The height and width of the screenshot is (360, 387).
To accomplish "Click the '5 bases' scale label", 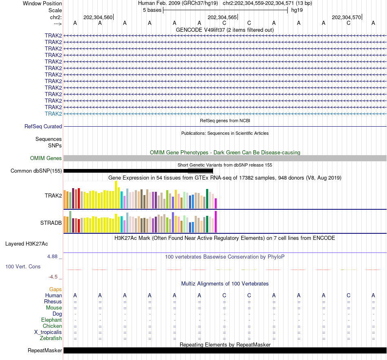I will pos(152,10).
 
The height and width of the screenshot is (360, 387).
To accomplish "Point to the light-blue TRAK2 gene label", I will pos(53,114).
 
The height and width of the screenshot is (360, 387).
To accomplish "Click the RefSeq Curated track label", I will pos(43,127).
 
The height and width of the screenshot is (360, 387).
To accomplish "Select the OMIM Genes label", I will pos(46,158).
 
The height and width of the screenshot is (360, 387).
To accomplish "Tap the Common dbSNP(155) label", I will pos(36,171).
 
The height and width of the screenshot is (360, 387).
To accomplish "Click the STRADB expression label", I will pos(51,223).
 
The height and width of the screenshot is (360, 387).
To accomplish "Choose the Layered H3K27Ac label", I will pos(26,244).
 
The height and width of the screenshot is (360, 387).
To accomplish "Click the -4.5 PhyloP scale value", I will pos(53,277).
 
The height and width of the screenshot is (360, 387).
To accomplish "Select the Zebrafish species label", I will pos(51,338).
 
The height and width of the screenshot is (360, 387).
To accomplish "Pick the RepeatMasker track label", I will pos(45,351).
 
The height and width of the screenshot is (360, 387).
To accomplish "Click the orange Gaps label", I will pos(55,289).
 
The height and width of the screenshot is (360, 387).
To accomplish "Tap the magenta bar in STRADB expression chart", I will pos(215,222).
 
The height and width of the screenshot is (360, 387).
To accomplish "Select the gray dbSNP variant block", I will pos(200,171).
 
